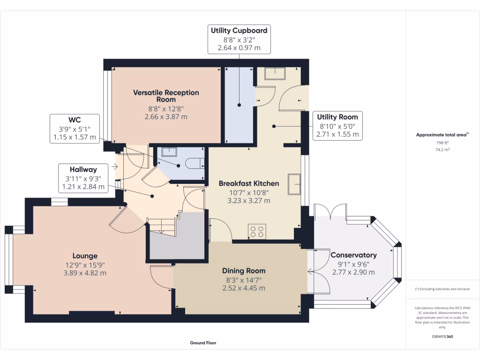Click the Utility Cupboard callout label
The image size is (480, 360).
coord(239,39)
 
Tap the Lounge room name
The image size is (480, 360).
coord(85,256)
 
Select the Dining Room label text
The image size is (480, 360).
coord(243,270)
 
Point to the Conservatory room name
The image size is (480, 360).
coord(353,255)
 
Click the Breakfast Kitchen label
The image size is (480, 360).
coord(248,183)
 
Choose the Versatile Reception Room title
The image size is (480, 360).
coord(165,96)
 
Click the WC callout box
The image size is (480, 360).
coord(75,128)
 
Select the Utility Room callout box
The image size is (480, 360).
coord(337,126)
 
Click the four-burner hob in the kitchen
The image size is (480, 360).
coord(257,231)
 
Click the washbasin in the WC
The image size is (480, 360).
coord(168,151)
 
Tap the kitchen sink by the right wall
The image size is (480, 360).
coord(294,183)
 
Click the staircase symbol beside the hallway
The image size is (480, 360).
coord(161,226)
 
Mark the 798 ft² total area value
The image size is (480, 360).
coord(442,142)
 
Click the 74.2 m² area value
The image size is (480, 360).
coord(442,150)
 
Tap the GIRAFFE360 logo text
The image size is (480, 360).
coord(442,336)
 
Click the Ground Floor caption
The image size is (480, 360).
coord(203,343)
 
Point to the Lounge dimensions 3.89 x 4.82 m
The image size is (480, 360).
coord(85,273)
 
